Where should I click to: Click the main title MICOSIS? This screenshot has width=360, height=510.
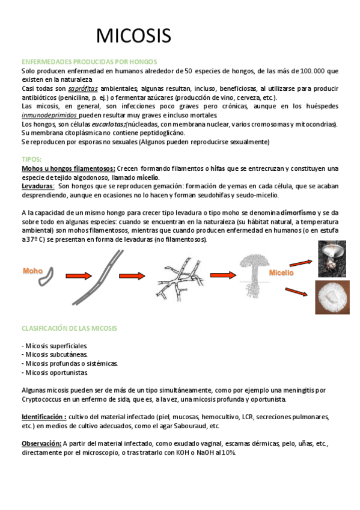pos(133,37)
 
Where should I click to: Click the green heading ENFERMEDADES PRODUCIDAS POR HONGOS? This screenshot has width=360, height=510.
pos(89,62)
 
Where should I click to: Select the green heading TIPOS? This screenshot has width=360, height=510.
pos(31,159)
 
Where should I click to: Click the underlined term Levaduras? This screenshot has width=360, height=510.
pos(38,186)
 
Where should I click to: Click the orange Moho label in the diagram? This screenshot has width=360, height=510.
pos(33,271)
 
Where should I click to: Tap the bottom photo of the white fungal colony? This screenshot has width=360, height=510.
pos(332,296)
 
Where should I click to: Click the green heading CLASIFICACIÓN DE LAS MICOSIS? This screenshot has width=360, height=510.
pos(69,328)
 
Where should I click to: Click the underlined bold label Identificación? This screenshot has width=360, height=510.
pos(43,416)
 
